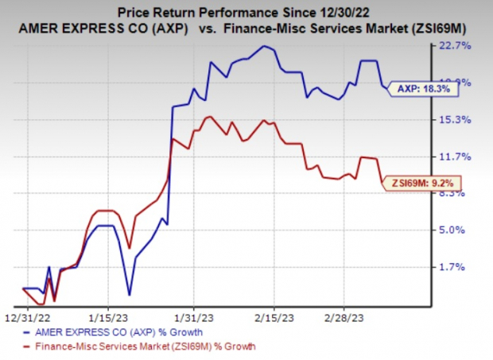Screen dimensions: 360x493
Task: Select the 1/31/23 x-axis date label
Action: [x=189, y=315]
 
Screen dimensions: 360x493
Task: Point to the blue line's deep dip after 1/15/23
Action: [x=128, y=292]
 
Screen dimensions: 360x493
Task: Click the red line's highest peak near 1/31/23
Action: [x=209, y=118]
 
